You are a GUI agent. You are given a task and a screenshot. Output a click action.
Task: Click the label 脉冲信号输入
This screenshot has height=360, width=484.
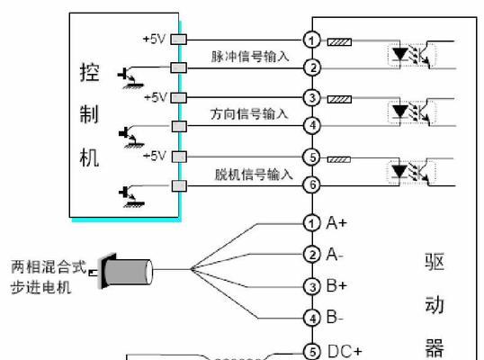point(250,57)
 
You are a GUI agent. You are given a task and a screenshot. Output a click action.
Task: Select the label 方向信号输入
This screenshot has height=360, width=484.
point(249,114)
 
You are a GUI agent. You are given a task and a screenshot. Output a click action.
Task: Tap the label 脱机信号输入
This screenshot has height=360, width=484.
point(254,174)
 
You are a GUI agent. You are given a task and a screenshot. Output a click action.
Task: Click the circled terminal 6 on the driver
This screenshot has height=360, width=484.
point(312,184)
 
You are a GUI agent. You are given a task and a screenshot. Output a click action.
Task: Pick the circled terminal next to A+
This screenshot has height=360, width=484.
point(312,223)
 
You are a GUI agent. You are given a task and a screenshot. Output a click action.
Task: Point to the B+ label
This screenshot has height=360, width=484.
point(336,285)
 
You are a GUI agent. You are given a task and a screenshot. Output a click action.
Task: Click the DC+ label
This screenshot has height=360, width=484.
point(345,351)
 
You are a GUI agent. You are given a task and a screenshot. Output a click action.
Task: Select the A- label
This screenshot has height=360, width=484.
point(335,255)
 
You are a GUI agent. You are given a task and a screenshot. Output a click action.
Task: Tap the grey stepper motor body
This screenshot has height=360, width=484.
point(128,272)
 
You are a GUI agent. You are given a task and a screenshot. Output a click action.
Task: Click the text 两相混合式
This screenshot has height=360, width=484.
point(49,266)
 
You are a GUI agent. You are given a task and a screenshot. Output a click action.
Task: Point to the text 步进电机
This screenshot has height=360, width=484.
point(40,287)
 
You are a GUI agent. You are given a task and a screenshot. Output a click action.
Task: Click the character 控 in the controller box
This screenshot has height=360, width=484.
point(90,73)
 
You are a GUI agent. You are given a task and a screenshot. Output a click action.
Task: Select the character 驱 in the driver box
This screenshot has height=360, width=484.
point(435,263)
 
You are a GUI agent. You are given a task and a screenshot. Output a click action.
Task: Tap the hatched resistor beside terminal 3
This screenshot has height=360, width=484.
point(339,99)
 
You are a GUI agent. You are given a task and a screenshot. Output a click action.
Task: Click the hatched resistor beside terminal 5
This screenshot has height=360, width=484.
point(339,159)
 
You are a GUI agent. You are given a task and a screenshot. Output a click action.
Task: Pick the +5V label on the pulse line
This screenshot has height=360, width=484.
point(154,39)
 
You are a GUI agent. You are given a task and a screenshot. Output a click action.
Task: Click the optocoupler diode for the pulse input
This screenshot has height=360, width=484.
point(400,55)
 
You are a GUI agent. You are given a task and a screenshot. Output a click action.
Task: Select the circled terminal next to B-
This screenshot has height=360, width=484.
point(312,319)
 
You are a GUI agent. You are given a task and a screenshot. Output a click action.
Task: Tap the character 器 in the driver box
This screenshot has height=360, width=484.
point(435,348)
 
